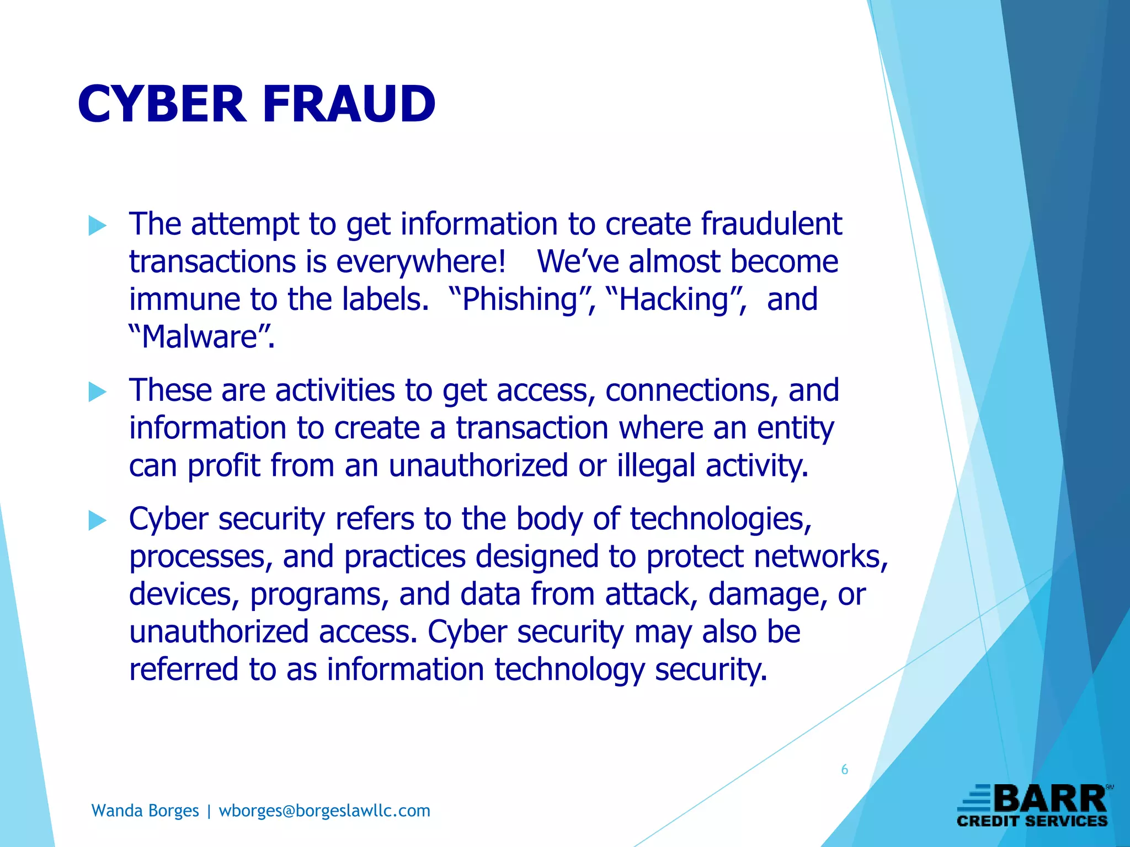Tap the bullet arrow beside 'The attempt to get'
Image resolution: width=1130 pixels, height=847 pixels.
(98, 226)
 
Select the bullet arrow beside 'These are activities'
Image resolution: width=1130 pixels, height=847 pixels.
(98, 392)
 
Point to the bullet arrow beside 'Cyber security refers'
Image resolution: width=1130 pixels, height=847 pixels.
(98, 521)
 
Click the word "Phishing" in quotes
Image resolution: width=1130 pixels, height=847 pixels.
(520, 301)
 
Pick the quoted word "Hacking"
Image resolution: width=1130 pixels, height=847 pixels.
(674, 301)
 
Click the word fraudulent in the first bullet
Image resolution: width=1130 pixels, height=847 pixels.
(771, 224)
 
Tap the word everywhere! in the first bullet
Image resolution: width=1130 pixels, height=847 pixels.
(420, 262)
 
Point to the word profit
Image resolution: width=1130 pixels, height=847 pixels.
(223, 466)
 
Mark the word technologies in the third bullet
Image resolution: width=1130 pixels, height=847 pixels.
(721, 520)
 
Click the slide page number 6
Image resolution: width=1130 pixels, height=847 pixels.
(844, 770)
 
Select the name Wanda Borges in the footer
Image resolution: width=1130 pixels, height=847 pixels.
(145, 811)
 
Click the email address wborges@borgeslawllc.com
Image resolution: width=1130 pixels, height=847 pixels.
(324, 811)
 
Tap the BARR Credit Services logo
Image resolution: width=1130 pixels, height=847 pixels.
(1033, 806)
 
